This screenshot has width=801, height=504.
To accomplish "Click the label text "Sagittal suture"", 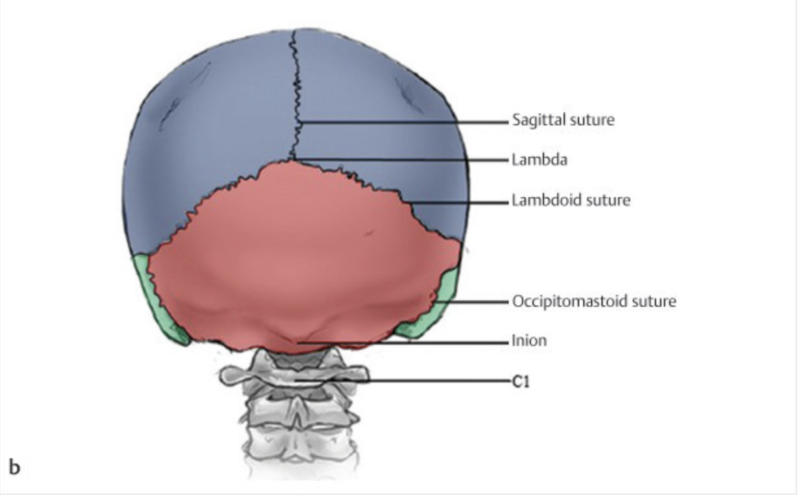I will (562, 121).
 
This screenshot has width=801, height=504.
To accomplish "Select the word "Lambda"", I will (539, 160).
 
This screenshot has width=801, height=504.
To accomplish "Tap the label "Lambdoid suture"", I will (570, 200).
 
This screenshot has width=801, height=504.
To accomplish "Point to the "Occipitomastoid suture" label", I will (593, 302).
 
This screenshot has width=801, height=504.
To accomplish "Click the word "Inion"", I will (528, 341).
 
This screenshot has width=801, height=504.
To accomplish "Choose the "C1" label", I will (521, 382).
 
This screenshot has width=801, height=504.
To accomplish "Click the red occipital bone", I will (300, 261).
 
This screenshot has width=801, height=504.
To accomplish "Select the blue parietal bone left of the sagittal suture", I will (209, 144).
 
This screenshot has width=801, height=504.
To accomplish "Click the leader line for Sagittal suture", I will (404, 121).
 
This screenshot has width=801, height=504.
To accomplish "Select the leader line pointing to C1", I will (424, 381).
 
